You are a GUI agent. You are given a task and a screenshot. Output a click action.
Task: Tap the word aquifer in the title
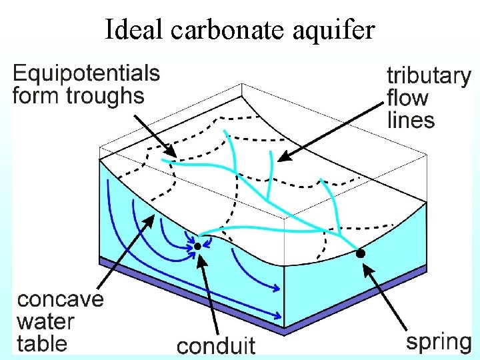(x=333, y=29)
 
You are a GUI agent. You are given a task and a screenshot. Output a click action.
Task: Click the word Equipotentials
(x=87, y=73)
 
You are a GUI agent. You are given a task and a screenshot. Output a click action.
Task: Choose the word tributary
(x=429, y=76)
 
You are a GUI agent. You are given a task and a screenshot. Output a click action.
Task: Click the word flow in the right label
(x=407, y=98)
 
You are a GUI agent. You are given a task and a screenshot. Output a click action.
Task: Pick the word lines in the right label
(x=411, y=120)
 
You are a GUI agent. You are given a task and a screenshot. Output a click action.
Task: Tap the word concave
(x=61, y=299)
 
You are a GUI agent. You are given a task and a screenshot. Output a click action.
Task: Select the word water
(x=45, y=321)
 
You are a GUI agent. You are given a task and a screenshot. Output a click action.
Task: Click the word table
(x=43, y=343)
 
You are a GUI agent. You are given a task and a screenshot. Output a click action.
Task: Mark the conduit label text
(x=216, y=345)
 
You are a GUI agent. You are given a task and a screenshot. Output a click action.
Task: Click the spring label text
(x=439, y=343)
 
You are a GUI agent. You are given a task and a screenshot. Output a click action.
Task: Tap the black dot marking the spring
(x=360, y=253)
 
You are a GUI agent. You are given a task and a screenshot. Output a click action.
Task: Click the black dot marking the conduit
(x=197, y=247)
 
